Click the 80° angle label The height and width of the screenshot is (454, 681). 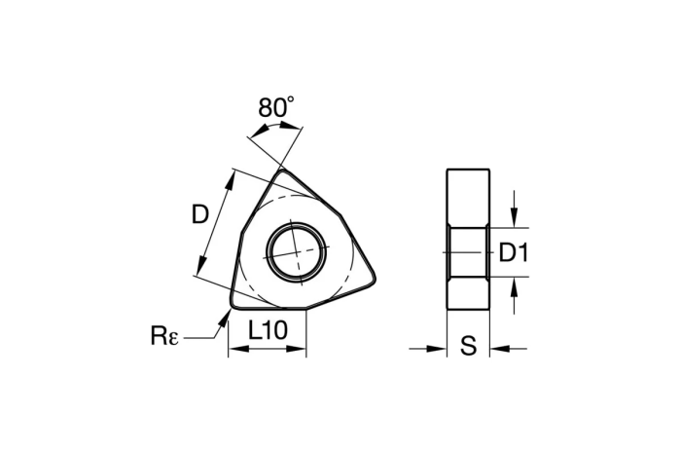pyautogui.click(x=276, y=107)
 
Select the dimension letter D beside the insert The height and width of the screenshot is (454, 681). pyautogui.click(x=200, y=214)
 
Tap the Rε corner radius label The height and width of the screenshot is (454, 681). pyautogui.click(x=164, y=336)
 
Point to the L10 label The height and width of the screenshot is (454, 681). pyautogui.click(x=268, y=330)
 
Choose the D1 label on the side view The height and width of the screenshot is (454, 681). pyautogui.click(x=513, y=253)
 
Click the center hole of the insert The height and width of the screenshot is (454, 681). pyautogui.click(x=295, y=251)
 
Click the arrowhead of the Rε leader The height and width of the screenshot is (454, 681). pyautogui.click(x=227, y=313)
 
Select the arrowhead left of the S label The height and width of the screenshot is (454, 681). pyautogui.click(x=437, y=348)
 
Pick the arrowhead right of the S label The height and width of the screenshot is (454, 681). pyautogui.click(x=499, y=348)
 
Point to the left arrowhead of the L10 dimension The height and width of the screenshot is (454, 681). pyautogui.click(x=234, y=349)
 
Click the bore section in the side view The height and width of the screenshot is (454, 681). pyautogui.click(x=468, y=252)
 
